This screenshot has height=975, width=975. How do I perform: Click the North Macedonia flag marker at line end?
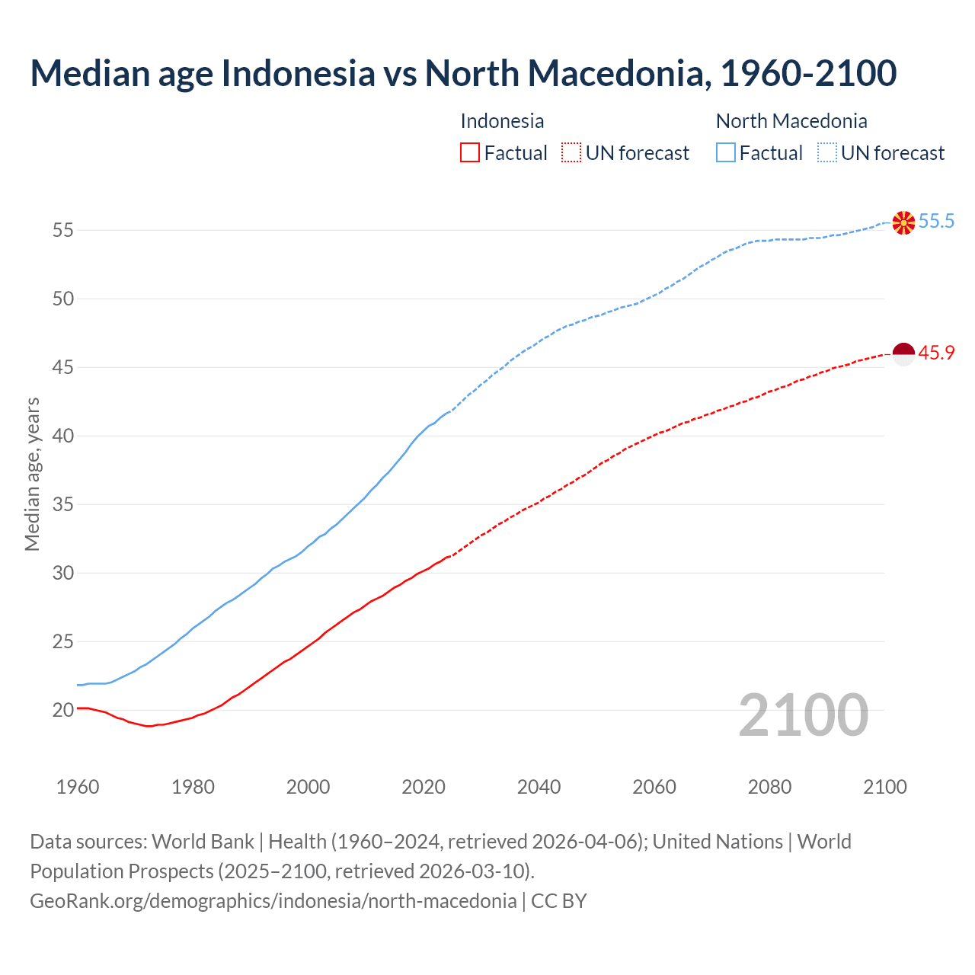903,222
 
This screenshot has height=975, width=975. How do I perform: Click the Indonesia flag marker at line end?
903,354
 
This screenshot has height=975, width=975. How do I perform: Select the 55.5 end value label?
936,222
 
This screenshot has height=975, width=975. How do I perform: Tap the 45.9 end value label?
936,353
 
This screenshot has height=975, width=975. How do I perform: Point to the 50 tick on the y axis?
63,299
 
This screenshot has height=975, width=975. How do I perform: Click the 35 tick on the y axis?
63,504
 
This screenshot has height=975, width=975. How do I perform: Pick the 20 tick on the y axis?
63,710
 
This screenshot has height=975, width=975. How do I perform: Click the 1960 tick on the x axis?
78,787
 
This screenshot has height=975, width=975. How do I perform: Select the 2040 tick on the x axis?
539,787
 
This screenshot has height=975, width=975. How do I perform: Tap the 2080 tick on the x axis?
769,787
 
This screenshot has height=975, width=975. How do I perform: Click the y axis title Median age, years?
32,474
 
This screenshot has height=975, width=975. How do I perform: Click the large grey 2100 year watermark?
803,714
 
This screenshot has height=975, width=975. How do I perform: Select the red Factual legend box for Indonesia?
470,153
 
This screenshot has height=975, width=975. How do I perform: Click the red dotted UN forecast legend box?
571,153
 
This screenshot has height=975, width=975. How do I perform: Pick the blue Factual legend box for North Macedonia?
726,153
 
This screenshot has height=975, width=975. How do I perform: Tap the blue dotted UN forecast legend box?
827,153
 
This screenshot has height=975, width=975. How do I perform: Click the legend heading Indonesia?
502,121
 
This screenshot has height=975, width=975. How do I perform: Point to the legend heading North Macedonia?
791,121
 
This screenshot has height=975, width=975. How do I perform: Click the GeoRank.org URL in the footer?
273,901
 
